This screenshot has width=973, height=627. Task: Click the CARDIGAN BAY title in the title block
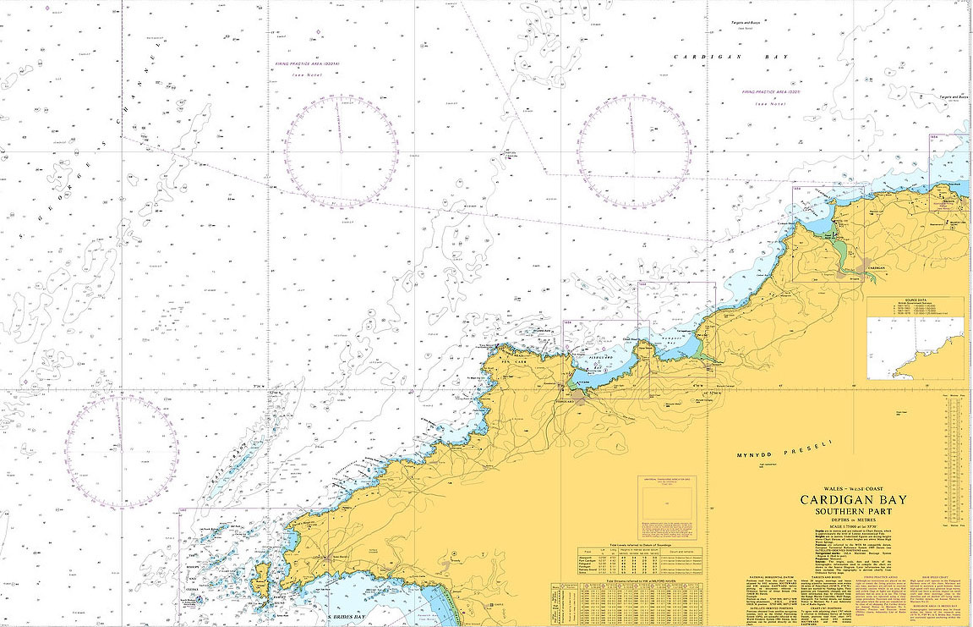[x=860, y=500]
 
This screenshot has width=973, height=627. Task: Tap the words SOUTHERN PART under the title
[x=860, y=511]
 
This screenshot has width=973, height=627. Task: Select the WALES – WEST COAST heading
[x=859, y=490]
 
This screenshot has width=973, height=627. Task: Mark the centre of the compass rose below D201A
[x=341, y=151]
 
